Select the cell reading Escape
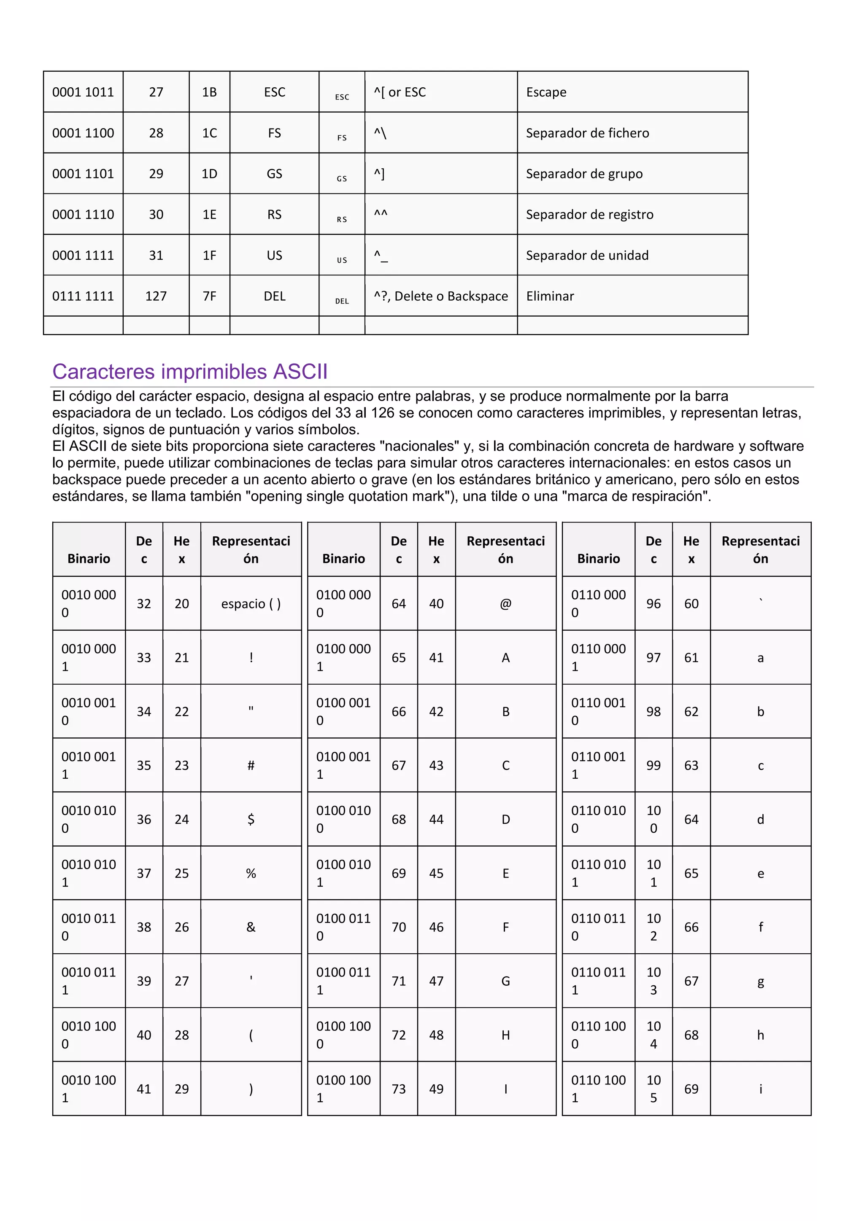(546, 92)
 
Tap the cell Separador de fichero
(587, 133)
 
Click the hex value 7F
(209, 296)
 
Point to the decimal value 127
(156, 296)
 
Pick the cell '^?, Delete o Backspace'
(440, 296)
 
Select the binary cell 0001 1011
(83, 92)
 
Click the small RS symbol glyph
(342, 219)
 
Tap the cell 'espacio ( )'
(251, 604)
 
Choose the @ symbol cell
(505, 604)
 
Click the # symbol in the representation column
(251, 765)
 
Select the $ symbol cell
(251, 819)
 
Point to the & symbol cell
(251, 927)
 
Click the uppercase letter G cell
(505, 981)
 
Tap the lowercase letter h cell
(760, 1035)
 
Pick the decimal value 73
(399, 1089)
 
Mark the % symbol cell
(251, 873)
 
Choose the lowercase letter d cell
(760, 819)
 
